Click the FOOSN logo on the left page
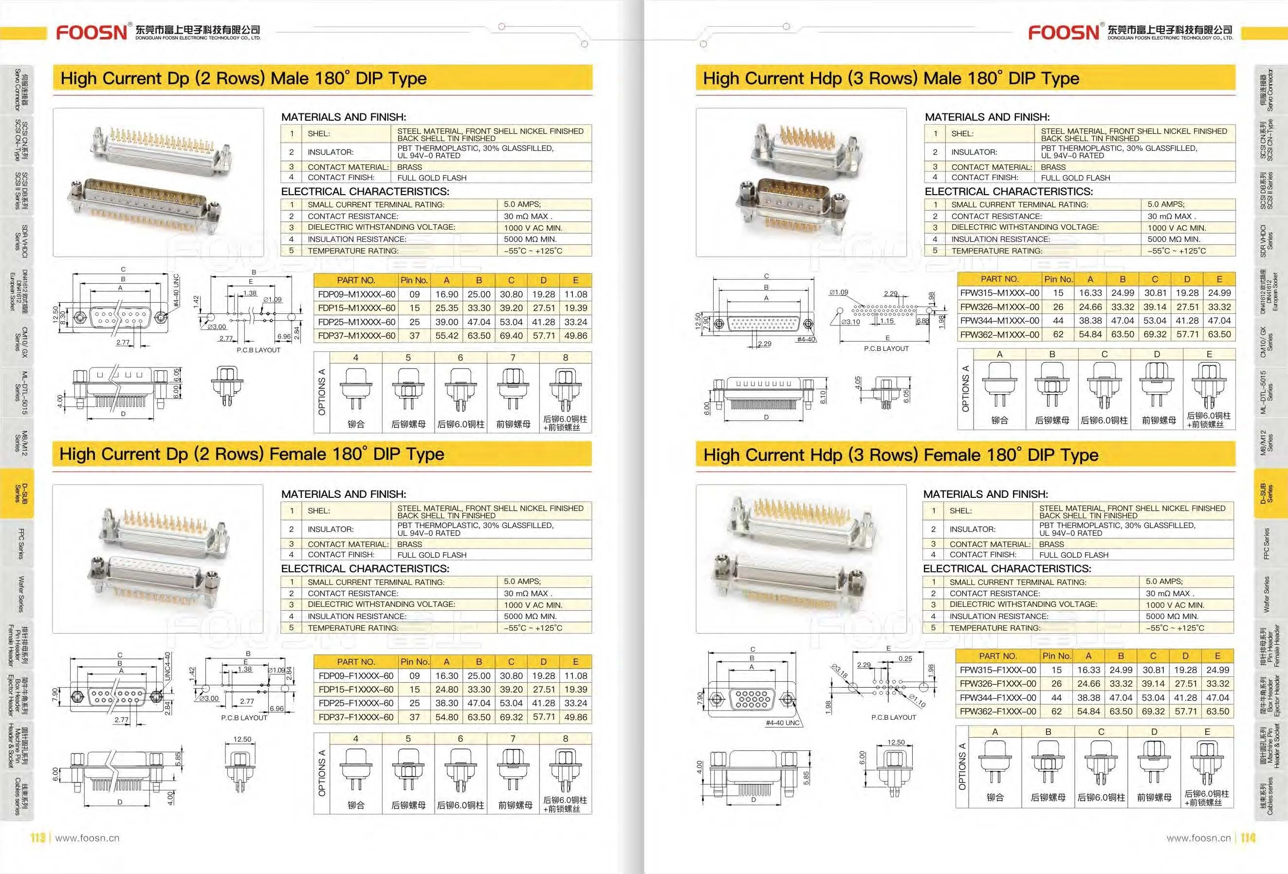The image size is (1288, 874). click(x=92, y=32)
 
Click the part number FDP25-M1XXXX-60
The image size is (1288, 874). click(x=357, y=322)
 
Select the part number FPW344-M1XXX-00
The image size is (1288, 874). click(x=1000, y=321)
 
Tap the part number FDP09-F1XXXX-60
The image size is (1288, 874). click(x=356, y=676)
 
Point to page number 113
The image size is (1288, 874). click(x=37, y=838)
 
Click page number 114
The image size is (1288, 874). click(x=1248, y=838)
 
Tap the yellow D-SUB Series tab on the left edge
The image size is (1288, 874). click(x=17, y=493)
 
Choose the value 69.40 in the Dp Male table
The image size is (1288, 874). click(x=511, y=336)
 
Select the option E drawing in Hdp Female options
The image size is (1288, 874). click(x=1207, y=763)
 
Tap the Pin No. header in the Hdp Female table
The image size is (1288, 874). click(x=1056, y=656)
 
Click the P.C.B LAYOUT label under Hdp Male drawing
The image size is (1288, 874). click(x=887, y=348)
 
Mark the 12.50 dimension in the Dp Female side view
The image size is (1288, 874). click(x=242, y=739)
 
